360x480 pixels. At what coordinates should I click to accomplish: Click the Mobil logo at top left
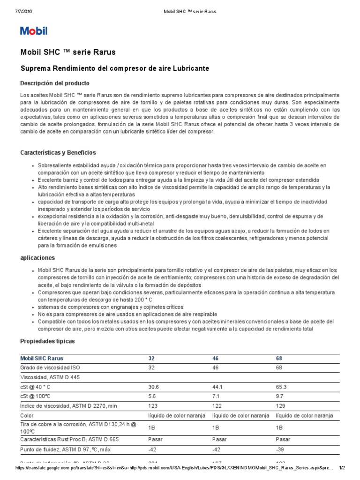[34, 31]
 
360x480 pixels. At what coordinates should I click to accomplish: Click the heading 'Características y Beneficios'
[58, 153]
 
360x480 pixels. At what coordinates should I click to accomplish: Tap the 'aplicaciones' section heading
[37, 258]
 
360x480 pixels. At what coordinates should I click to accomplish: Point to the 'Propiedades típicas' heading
[47, 341]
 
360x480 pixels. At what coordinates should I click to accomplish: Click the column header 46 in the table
[216, 358]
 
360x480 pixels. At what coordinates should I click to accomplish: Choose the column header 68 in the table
[279, 358]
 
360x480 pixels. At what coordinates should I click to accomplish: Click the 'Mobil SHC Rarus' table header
[41, 358]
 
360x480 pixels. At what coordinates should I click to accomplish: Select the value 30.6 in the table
[153, 387]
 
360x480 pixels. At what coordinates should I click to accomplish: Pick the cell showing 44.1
[217, 387]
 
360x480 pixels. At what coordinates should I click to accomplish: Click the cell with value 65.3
[281, 387]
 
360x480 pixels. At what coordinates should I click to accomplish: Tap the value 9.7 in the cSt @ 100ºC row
[279, 396]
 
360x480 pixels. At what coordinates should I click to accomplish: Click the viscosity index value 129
[280, 406]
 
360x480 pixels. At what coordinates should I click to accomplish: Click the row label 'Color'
[28, 415]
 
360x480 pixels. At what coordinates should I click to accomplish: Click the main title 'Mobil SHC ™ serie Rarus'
[68, 52]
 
